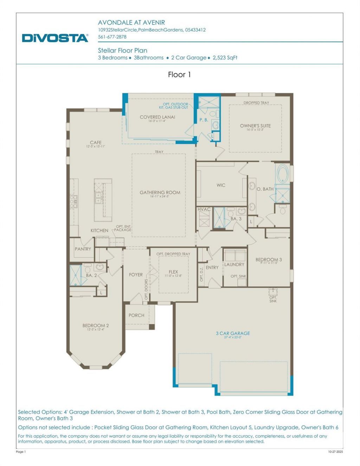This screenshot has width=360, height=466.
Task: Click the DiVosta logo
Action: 55,38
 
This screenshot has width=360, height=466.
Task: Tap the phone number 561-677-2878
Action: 112,37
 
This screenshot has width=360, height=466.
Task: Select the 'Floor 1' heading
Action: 179,75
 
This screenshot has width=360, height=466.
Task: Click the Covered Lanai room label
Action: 157,117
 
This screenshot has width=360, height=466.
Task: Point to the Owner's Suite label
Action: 255,126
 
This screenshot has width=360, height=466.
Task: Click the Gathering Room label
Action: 160,193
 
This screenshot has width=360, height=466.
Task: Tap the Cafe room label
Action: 96,143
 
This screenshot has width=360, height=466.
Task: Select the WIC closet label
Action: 221,185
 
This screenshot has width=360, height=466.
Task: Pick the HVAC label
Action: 204,209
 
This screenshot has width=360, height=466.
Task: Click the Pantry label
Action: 83,249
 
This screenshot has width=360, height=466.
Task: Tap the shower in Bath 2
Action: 75,275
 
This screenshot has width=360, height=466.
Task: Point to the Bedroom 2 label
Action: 96,326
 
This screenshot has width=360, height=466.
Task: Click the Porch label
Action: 136,315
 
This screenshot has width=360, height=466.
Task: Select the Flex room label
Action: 173,272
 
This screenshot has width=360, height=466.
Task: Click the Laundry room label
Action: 234,265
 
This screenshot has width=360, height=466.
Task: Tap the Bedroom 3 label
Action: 269,260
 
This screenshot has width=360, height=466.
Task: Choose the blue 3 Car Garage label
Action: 233,333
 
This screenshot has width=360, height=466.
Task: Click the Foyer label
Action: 136,275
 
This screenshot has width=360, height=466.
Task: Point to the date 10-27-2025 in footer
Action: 335,452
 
